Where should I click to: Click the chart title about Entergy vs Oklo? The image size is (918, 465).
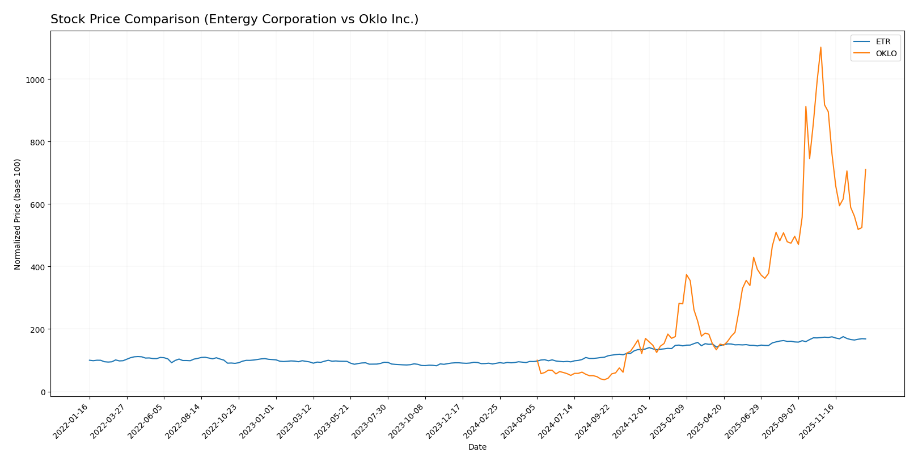point(234,19)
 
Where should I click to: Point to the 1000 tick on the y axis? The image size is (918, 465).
point(35,79)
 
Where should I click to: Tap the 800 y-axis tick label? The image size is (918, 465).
point(37,142)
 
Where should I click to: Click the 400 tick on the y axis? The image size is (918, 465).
point(37,267)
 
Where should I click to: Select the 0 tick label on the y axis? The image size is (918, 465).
point(43,392)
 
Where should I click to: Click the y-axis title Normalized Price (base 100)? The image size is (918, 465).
point(18,214)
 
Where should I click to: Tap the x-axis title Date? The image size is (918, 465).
point(477,447)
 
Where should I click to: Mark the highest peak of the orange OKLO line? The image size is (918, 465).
point(820,47)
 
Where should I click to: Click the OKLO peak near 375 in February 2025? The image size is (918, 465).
point(686,275)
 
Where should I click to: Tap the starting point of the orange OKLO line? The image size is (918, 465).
point(538,360)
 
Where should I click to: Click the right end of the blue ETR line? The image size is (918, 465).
point(865,339)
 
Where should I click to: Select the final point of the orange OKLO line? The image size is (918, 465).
point(865,169)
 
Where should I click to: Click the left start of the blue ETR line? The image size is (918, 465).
point(89,360)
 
